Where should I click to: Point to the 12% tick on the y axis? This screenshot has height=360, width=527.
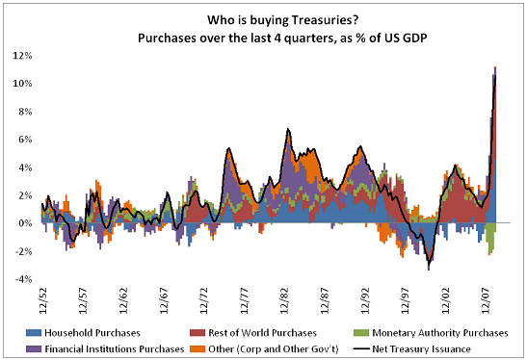coord(23,55)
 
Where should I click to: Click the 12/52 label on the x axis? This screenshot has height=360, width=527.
coord(41,296)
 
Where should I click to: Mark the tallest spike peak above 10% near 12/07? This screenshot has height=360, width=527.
coord(494,69)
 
